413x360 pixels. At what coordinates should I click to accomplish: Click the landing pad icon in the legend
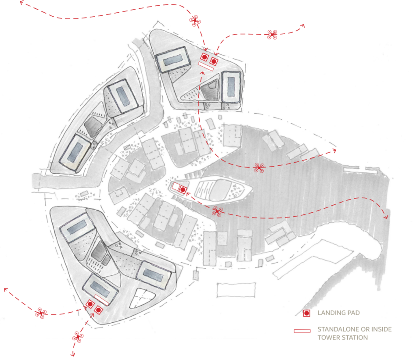307,313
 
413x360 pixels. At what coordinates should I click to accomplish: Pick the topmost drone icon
195,20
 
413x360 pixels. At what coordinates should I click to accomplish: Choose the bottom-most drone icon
78,336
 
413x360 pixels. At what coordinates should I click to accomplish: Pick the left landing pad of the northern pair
204,57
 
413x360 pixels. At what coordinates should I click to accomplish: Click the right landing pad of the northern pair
214,61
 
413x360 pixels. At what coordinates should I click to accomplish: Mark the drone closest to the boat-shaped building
217,211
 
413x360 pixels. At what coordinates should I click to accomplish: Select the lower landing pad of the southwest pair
98,310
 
